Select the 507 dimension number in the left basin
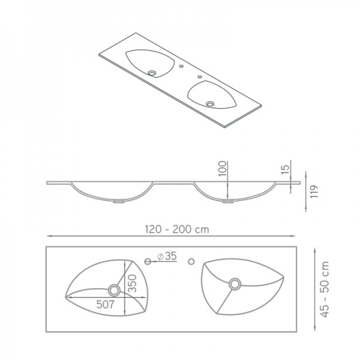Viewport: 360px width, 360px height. coord(106,304)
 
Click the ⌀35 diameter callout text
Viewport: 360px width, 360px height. coord(166,257)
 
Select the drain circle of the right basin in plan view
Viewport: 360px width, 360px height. coord(235,283)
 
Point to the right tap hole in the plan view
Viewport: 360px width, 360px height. coord(192,261)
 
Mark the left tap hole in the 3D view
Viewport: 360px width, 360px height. coord(181,66)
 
